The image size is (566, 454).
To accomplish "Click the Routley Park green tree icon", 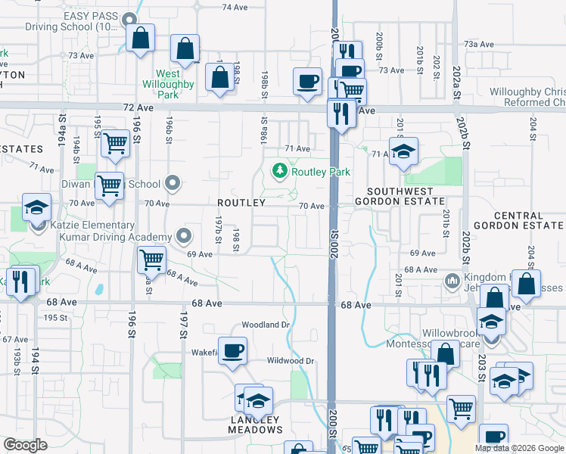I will pos(281,171).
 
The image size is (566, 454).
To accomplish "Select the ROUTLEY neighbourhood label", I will pos(241,203).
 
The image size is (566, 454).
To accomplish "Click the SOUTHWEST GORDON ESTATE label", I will pos(406,197).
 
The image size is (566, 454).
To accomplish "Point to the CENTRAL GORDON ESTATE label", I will pos(518,220).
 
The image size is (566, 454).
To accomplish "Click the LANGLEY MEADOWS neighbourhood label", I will pos(255,424).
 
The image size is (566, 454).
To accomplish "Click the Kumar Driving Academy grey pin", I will pos(182,236).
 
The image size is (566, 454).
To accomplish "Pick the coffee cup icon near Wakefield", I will pos(235,350).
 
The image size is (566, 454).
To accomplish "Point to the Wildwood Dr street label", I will pos(290,361).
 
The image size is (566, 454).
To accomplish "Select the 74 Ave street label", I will pos(235,7).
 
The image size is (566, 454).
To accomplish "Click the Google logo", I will pos(24,445).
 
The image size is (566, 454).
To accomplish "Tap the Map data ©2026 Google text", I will pos(518,448).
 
